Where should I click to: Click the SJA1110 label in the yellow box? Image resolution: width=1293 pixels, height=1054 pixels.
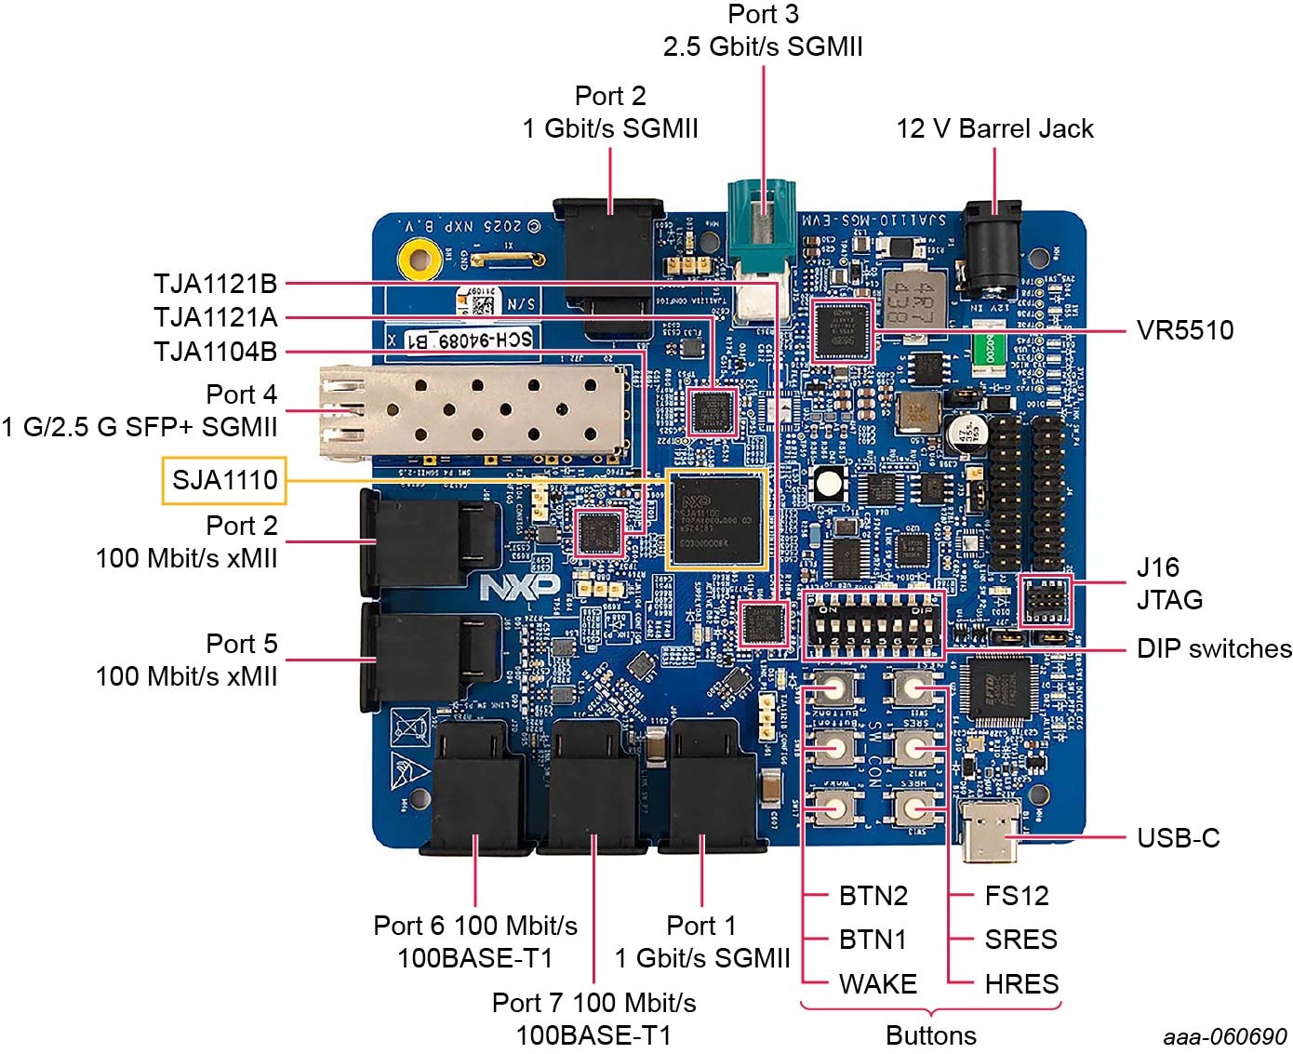pyautogui.click(x=224, y=480)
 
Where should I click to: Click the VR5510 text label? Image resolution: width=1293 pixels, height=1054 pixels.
pyautogui.click(x=1184, y=330)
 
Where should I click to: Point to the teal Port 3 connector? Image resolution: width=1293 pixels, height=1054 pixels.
pyautogui.click(x=763, y=223)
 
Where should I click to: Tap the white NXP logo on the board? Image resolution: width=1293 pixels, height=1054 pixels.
pyautogui.click(x=519, y=586)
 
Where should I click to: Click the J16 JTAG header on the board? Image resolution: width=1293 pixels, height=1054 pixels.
pyautogui.click(x=1046, y=601)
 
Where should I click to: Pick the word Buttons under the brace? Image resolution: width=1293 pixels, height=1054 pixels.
pyautogui.click(x=930, y=1035)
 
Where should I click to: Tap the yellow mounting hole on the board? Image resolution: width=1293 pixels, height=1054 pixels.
pyautogui.click(x=419, y=259)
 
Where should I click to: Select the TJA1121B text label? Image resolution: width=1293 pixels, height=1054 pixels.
pyautogui.click(x=215, y=284)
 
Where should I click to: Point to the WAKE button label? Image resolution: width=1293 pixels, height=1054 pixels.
pyautogui.click(x=877, y=983)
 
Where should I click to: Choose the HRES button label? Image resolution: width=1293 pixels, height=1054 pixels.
pyautogui.click(x=1020, y=983)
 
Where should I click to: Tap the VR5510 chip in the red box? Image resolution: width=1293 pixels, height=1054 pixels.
pyautogui.click(x=843, y=330)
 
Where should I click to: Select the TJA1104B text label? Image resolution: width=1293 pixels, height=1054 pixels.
pyautogui.click(x=215, y=352)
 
